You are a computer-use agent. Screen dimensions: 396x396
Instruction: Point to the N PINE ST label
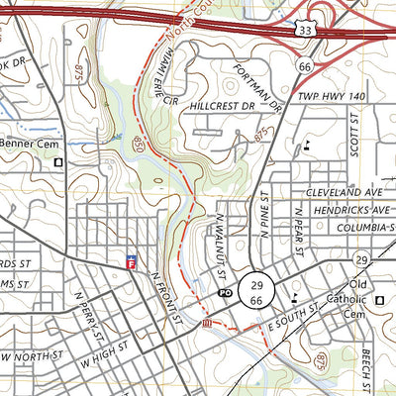point(265,215)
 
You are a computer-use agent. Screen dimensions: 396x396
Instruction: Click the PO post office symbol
point(224,294)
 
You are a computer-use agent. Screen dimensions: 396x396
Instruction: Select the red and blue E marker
point(131,261)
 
